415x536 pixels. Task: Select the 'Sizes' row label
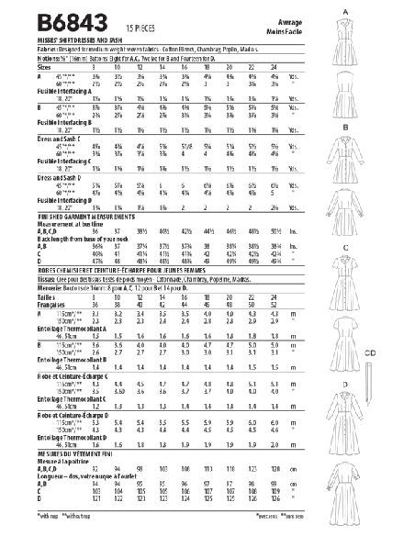coord(20,67)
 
